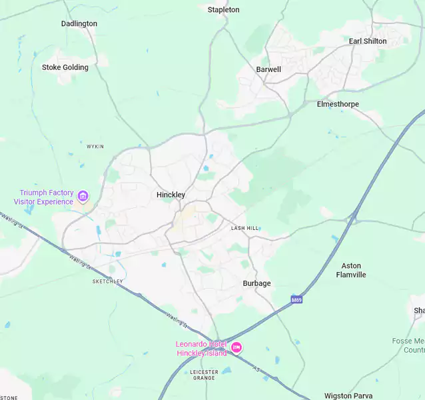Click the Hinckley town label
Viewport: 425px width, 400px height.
pyautogui.click(x=171, y=195)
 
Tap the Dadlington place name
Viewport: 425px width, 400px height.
pyautogui.click(x=79, y=23)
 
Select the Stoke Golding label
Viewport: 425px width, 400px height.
pyautogui.click(x=65, y=67)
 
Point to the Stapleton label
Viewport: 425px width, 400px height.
pyautogui.click(x=223, y=10)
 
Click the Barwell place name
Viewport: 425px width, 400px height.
pyautogui.click(x=268, y=69)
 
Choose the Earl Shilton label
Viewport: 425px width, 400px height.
pyautogui.click(x=368, y=41)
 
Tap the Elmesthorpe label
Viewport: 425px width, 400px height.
pyautogui.click(x=338, y=104)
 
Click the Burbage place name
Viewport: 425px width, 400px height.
pyautogui.click(x=256, y=283)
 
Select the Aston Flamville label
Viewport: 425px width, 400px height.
pyautogui.click(x=351, y=270)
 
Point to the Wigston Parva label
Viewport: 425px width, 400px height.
pyautogui.click(x=348, y=396)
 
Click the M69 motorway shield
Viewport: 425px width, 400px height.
pyautogui.click(x=296, y=300)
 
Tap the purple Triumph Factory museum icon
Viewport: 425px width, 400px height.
pyautogui.click(x=83, y=196)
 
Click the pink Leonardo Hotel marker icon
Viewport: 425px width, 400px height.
pyautogui.click(x=236, y=347)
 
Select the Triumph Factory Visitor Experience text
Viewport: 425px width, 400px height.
pyautogui.click(x=46, y=197)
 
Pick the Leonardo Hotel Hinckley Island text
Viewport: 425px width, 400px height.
pyautogui.click(x=201, y=348)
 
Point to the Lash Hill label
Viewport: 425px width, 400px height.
pyautogui.click(x=244, y=228)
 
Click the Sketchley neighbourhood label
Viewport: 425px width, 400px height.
pyautogui.click(x=107, y=281)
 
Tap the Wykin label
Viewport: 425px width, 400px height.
pyautogui.click(x=95, y=146)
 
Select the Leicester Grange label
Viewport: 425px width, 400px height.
pyautogui.click(x=204, y=375)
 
